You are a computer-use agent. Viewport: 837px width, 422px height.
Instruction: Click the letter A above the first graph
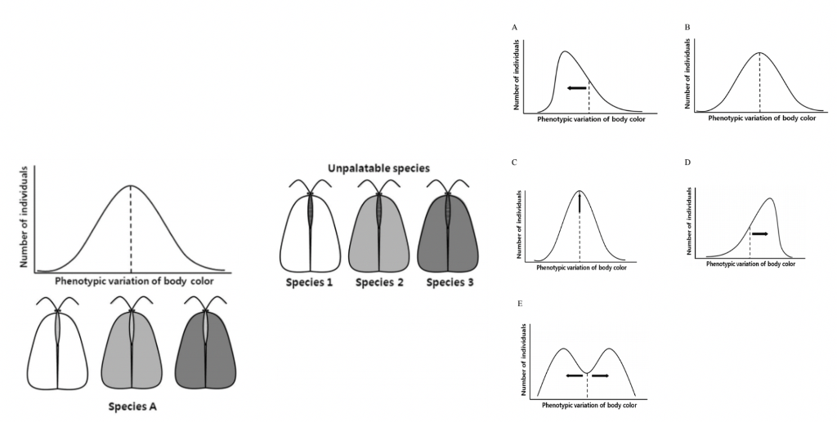coord(514,28)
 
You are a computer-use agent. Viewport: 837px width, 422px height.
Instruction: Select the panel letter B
coord(687,28)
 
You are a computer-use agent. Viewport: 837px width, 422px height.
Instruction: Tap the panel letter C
coord(514,162)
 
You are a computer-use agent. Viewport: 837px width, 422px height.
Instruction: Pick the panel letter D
coord(687,162)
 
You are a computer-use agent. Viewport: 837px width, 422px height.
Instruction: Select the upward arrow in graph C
coord(579,202)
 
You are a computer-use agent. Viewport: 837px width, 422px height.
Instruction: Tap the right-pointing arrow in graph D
coord(759,233)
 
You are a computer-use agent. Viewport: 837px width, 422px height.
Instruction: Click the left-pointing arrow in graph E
coord(575,375)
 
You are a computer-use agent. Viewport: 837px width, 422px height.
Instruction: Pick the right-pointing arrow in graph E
coord(600,375)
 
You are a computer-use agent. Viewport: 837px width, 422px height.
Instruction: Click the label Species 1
coord(310,282)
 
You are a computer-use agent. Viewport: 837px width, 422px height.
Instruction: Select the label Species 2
coord(380,282)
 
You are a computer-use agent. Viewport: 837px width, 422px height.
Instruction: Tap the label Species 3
coord(449,282)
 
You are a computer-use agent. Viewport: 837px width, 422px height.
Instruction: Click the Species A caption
coord(132,406)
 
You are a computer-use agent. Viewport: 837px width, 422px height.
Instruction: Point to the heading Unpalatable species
coord(378,168)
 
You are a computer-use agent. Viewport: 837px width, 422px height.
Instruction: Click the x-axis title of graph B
coord(762,118)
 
